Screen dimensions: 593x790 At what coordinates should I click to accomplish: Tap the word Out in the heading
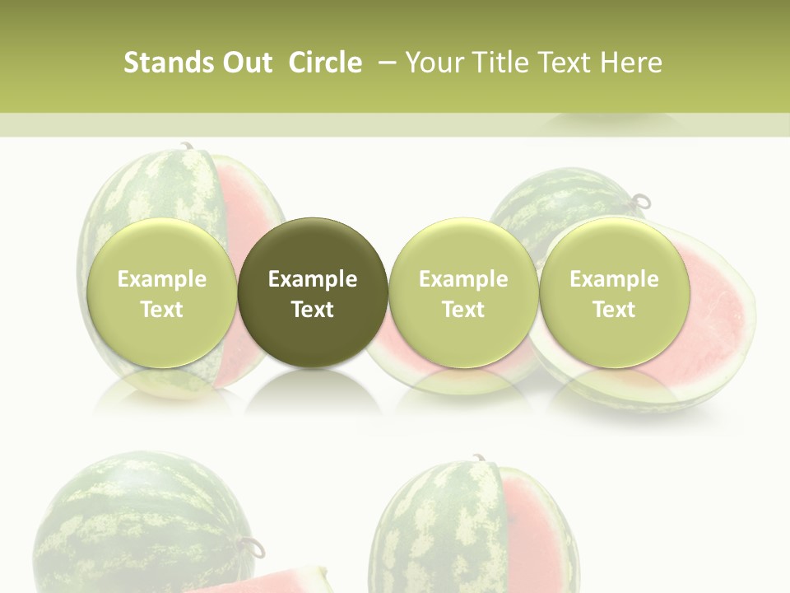244,63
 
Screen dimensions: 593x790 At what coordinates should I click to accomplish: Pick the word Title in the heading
496,63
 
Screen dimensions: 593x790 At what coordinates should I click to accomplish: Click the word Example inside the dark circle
313,279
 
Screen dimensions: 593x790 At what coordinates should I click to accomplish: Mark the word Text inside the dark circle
313,310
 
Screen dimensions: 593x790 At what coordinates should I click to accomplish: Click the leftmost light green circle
161,293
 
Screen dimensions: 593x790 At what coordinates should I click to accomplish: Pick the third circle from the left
463,293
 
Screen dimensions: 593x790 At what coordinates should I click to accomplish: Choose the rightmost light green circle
614,293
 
